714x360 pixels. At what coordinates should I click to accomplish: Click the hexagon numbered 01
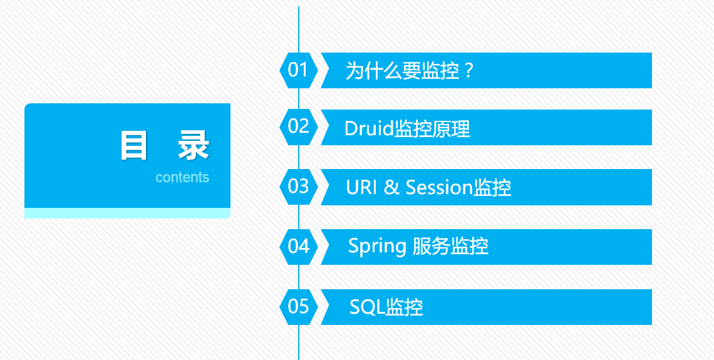click(x=299, y=70)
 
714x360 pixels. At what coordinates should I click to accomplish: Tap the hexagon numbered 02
click(x=299, y=127)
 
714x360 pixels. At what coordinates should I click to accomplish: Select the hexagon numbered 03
click(x=299, y=187)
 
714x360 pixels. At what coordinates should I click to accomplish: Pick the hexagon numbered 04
click(x=299, y=247)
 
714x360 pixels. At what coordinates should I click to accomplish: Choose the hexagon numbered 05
click(x=299, y=307)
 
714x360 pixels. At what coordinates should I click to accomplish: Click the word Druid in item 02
click(x=369, y=129)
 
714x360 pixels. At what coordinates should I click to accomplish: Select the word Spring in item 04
click(x=378, y=247)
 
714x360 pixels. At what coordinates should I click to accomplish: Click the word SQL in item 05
click(x=368, y=307)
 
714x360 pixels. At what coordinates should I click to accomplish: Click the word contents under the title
click(x=182, y=177)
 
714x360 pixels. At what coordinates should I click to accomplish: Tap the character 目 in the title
click(x=134, y=146)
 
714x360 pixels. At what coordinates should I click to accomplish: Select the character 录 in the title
click(x=194, y=146)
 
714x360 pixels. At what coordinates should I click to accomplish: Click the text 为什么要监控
click(x=403, y=71)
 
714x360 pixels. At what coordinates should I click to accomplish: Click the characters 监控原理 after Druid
click(x=432, y=129)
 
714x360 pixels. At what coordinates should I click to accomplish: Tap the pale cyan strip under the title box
click(x=128, y=213)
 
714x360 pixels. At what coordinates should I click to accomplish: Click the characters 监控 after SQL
click(x=405, y=307)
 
